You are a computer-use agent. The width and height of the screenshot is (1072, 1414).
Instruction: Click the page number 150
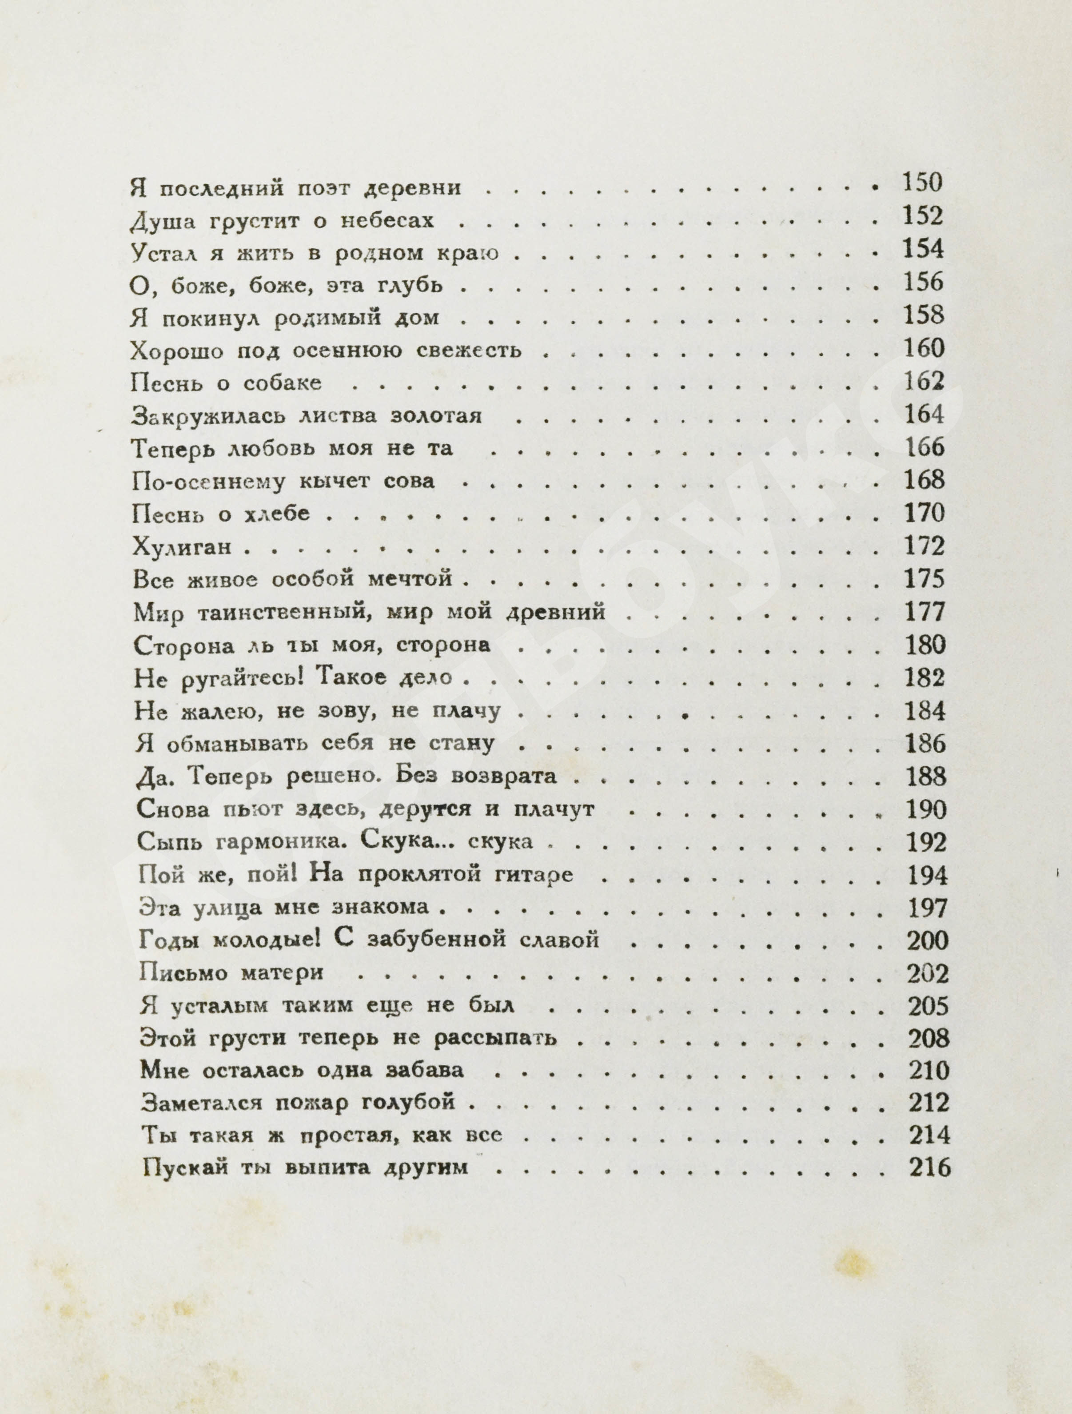pos(922,183)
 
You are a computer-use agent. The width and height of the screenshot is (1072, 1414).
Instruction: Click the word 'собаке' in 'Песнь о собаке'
pos(283,383)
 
